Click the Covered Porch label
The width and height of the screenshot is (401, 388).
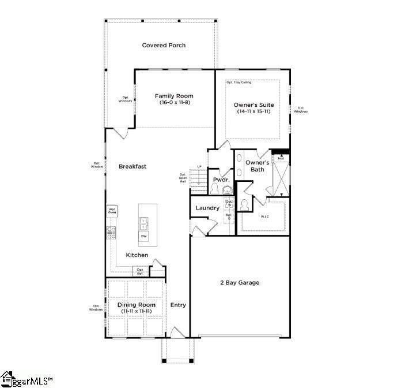tap(164, 45)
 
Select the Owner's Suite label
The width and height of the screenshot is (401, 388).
tap(254, 105)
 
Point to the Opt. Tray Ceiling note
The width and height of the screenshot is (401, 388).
tap(239, 83)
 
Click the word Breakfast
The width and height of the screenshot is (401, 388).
tap(133, 166)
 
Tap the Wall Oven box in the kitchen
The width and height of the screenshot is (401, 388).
tap(112, 211)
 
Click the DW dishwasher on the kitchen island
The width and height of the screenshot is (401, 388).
tap(143, 236)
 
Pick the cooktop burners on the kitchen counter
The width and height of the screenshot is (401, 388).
tap(112, 233)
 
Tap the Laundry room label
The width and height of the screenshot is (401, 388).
tap(207, 208)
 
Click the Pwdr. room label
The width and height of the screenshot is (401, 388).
tap(221, 180)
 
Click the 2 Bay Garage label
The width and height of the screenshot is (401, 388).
tap(240, 283)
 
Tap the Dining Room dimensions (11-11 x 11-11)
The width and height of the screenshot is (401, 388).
tap(137, 311)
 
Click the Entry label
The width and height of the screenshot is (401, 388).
tap(178, 305)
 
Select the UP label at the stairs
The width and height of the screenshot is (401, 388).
tap(199, 167)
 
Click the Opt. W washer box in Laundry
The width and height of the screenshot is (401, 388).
tap(229, 203)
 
